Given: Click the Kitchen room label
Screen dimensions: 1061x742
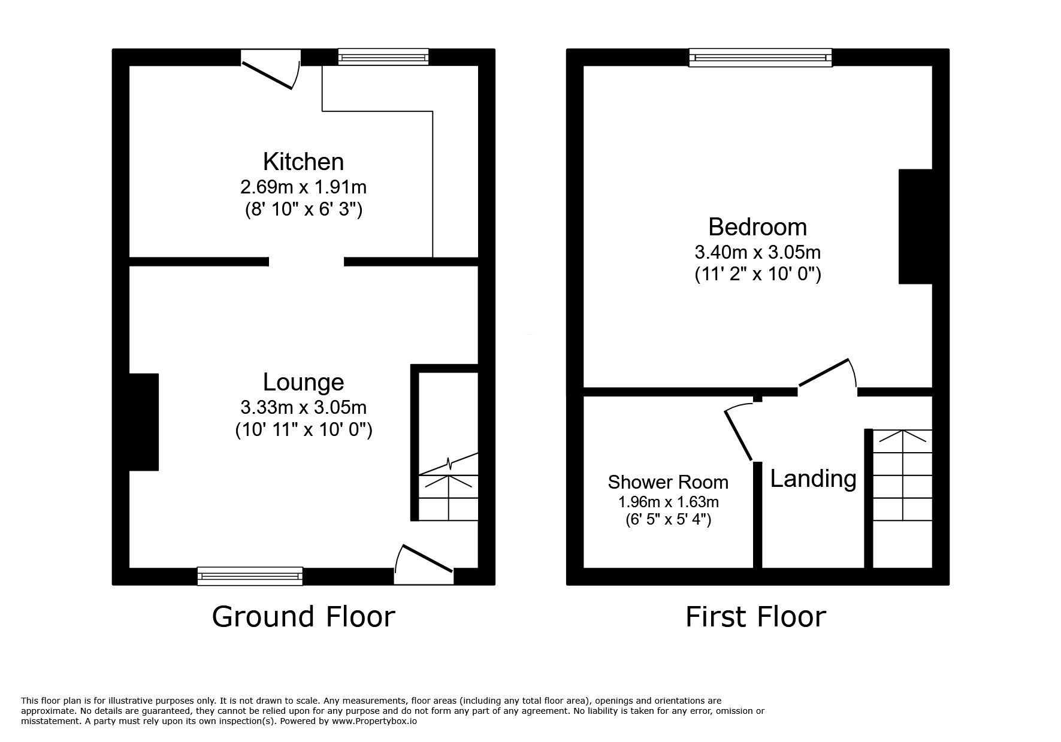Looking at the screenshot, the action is click(303, 162).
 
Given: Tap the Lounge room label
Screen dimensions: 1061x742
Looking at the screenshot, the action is click(303, 382).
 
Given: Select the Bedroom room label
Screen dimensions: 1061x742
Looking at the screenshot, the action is click(757, 227).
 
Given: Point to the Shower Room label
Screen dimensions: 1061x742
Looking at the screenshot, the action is click(668, 482).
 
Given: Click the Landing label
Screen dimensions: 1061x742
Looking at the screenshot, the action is click(813, 479).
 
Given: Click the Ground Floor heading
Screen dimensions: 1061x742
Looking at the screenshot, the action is click(303, 617).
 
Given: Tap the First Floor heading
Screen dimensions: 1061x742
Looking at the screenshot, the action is click(755, 617).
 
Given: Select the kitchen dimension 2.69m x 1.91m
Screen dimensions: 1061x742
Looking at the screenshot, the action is click(303, 187).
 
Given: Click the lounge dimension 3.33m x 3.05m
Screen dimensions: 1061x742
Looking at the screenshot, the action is click(303, 407).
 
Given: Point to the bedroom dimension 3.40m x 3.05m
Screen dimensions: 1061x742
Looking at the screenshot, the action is click(757, 252).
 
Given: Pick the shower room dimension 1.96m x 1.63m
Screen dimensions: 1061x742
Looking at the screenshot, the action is click(668, 501).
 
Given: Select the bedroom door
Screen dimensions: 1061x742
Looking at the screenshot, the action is click(827, 377).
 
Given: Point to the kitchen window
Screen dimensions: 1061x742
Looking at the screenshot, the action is click(383, 57).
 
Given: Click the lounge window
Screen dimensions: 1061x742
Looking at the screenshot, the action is click(250, 576).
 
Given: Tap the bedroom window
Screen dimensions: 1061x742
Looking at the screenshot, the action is click(760, 57).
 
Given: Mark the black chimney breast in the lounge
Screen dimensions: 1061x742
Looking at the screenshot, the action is click(144, 422).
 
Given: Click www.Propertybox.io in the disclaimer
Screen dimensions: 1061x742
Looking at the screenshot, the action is click(374, 722).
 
